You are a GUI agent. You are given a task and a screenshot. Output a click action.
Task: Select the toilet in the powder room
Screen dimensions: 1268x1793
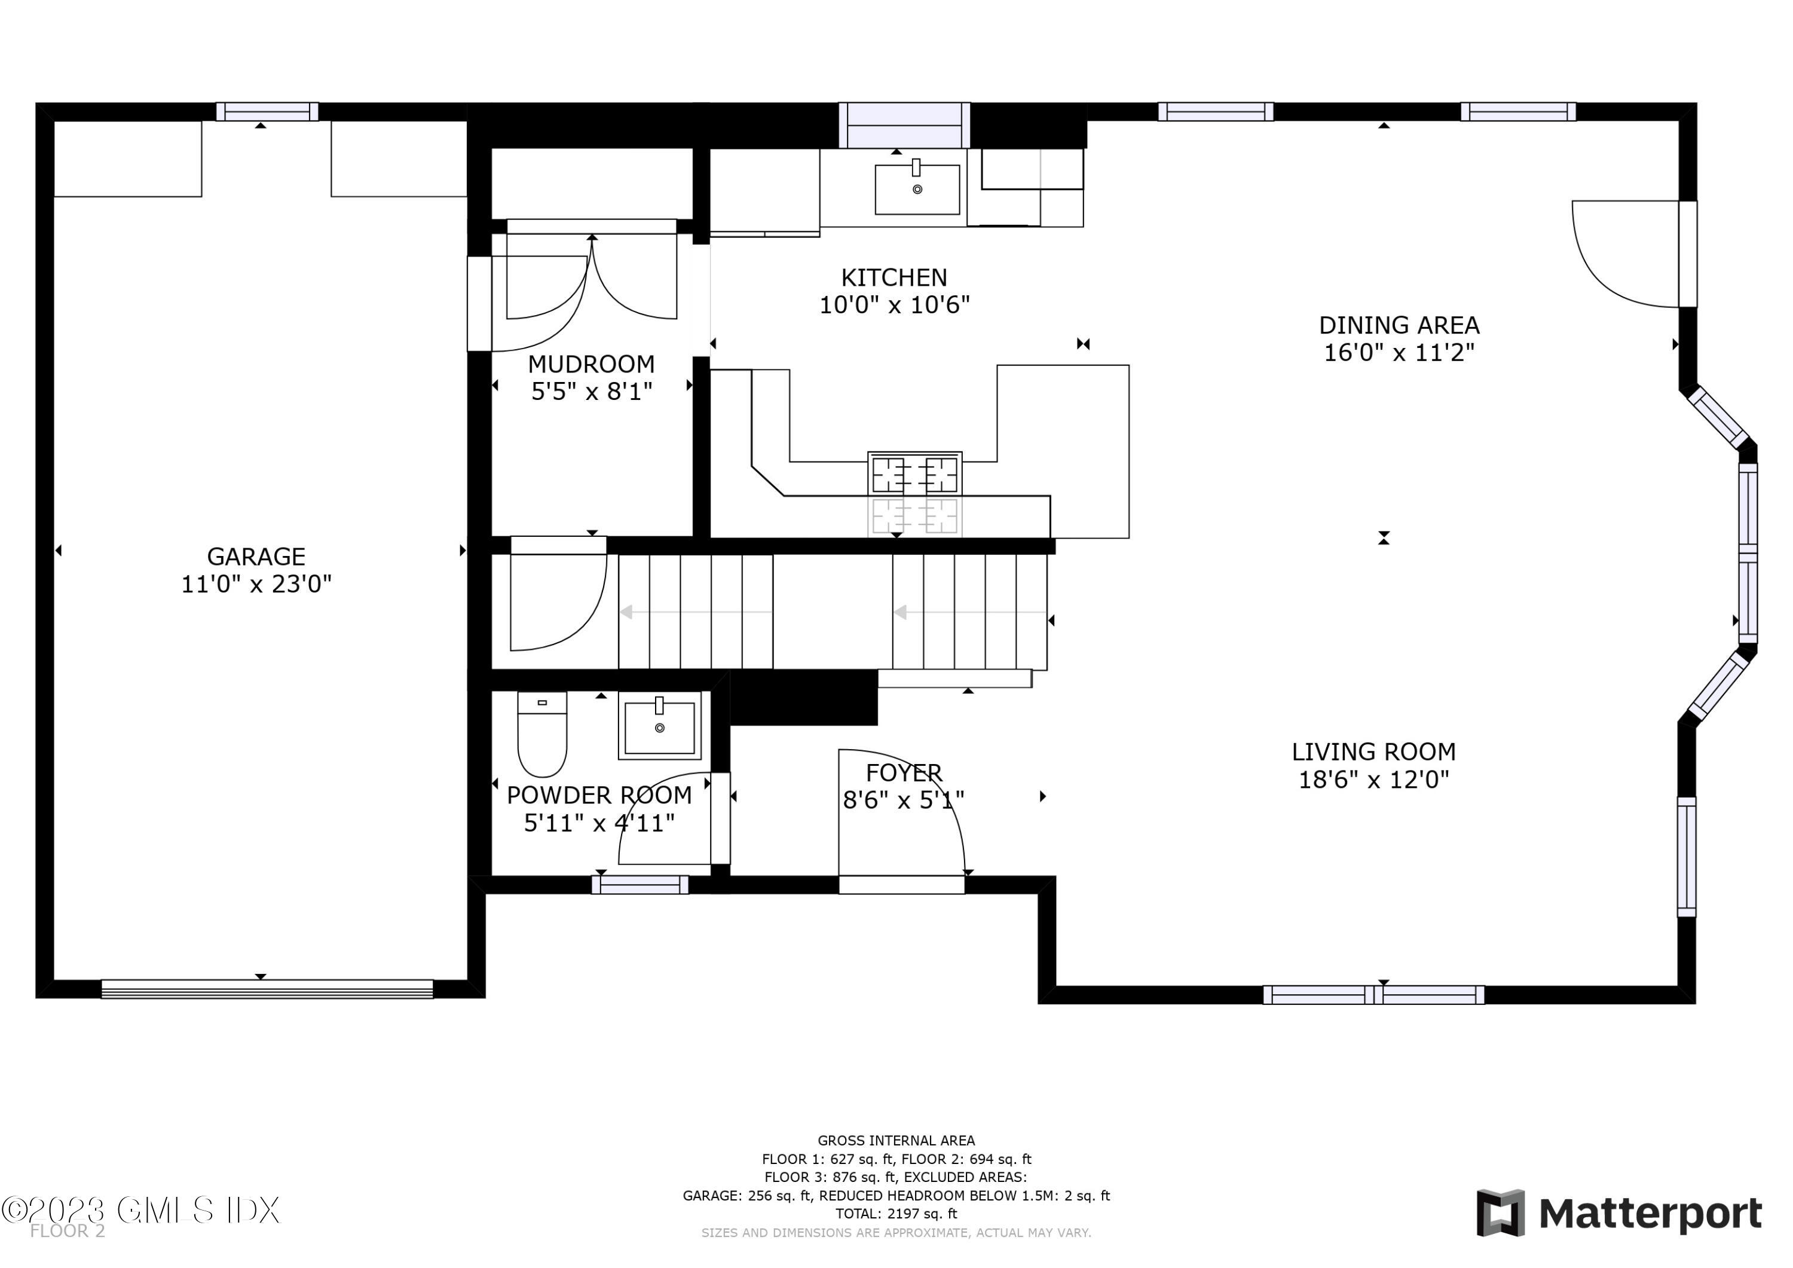click(542, 735)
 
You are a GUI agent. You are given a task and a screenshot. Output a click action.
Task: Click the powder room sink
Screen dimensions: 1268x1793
click(660, 726)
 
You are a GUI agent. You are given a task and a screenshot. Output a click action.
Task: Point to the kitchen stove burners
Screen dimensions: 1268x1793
click(914, 473)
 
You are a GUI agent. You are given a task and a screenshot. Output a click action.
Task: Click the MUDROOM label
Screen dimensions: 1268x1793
click(591, 364)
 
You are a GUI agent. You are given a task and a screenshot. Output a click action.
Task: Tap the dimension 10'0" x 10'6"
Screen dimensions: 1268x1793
click(894, 305)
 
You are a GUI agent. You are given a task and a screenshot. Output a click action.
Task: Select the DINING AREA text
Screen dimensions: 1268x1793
click(1399, 325)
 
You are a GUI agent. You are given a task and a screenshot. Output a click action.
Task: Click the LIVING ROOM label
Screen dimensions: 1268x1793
click(1373, 751)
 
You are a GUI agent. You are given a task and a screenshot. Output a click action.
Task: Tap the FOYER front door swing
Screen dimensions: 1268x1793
click(898, 817)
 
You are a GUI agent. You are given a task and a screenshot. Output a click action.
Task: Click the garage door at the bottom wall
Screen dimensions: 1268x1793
click(267, 989)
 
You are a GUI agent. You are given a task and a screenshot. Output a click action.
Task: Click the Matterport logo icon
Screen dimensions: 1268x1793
click(1500, 1214)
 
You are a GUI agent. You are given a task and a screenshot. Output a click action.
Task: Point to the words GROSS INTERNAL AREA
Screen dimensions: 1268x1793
click(896, 1141)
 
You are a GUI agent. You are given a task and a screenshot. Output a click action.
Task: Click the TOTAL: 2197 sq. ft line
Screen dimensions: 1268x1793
click(896, 1214)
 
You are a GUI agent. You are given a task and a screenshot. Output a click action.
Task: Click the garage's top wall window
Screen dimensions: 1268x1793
click(267, 112)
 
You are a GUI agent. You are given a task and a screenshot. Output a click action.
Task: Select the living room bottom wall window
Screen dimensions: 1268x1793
click(1373, 995)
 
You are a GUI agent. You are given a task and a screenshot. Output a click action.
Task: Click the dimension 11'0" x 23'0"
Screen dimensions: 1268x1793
click(256, 585)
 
